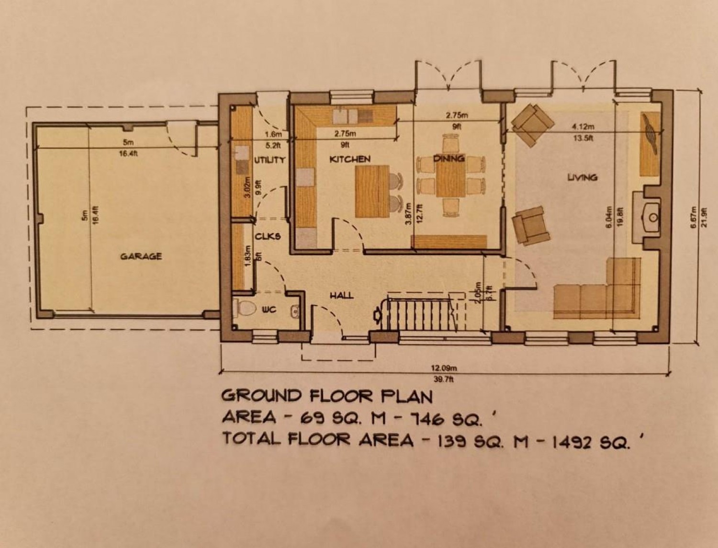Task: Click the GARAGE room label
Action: pos(141,257)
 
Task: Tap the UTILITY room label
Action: pos(269,160)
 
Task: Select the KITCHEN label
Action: pos(350,159)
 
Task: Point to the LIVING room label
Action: pos(582,178)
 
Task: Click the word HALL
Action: pos(341,295)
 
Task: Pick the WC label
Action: pos(269,310)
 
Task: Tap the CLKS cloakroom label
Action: pos(268,236)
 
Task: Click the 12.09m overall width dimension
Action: pos(445,369)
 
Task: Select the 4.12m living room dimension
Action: pos(583,127)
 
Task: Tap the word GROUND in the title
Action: pos(261,396)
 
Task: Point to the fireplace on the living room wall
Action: pos(651,217)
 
